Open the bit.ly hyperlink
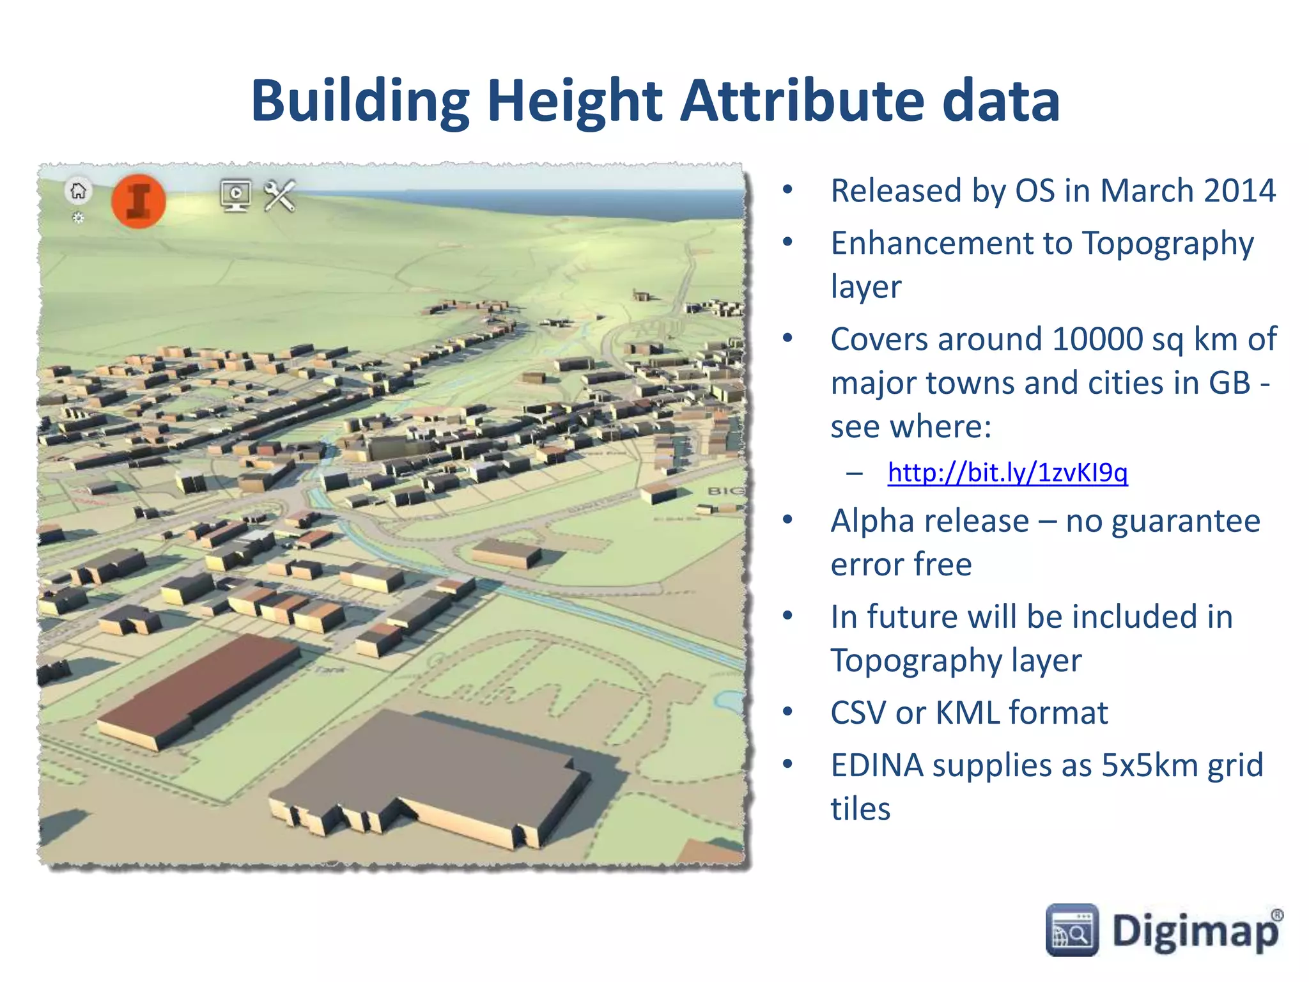point(1007,472)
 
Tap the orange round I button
point(139,201)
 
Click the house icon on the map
point(79,191)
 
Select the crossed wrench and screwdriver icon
point(280,196)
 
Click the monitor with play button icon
point(235,195)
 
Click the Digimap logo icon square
point(1072,930)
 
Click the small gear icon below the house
point(78,218)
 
